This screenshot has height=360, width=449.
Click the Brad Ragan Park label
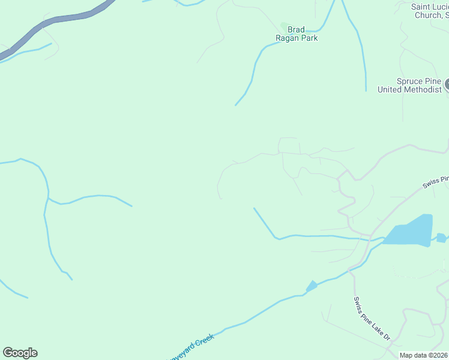click(296, 34)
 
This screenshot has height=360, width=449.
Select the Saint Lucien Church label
click(430, 11)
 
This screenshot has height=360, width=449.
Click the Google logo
click(20, 353)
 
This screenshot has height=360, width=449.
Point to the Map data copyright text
click(424, 355)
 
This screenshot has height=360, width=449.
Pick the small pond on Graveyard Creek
click(312, 287)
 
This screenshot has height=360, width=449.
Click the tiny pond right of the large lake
click(441, 238)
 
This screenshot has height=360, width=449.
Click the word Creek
click(204, 339)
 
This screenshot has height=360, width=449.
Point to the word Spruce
click(409, 81)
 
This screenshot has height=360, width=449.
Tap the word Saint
click(423, 7)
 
